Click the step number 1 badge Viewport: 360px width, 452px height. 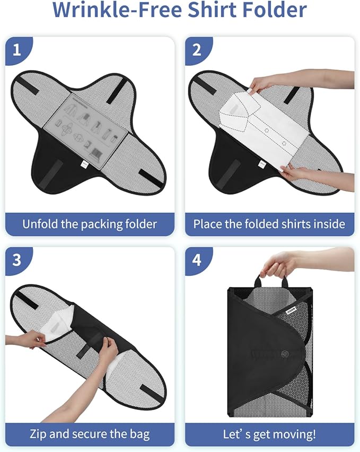tap(17, 50)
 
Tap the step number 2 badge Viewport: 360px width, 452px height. tap(197, 50)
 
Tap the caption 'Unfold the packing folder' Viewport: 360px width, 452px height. tap(90, 224)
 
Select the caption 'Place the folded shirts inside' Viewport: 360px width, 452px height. tap(269, 224)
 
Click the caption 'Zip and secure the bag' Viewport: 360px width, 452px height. tap(90, 434)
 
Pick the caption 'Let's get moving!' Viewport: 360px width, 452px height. tap(269, 434)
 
